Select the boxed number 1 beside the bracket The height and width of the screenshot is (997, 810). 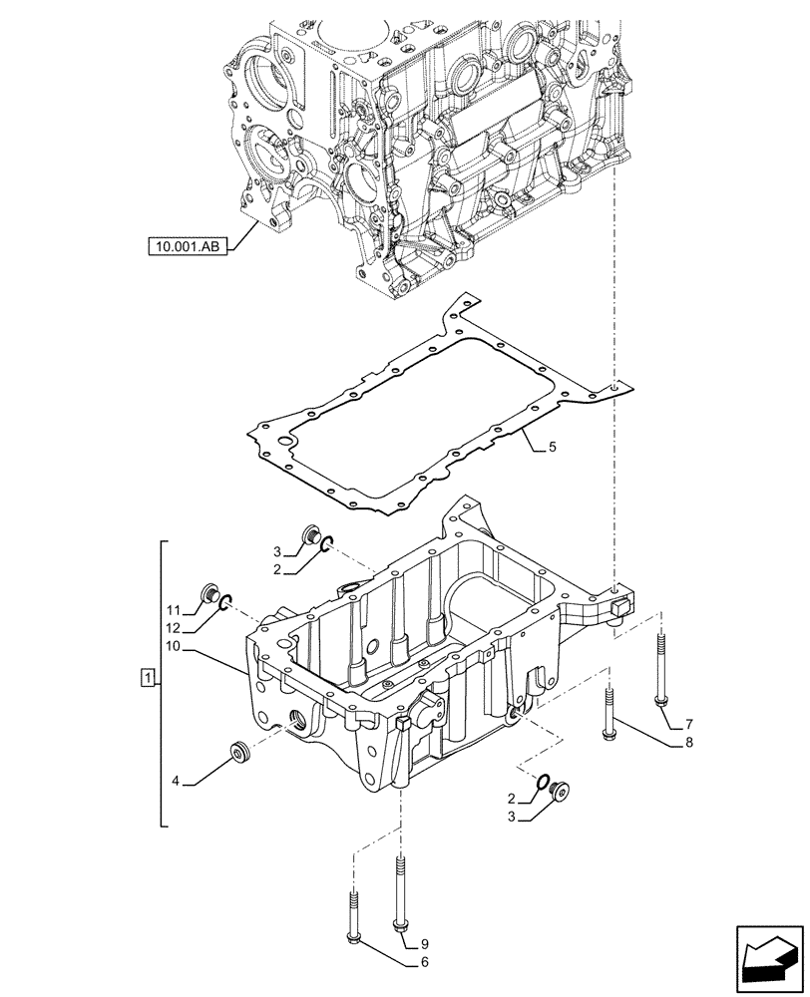coord(148,679)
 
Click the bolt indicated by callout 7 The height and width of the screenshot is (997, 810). coord(660,671)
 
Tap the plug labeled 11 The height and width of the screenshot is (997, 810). coord(210,594)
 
